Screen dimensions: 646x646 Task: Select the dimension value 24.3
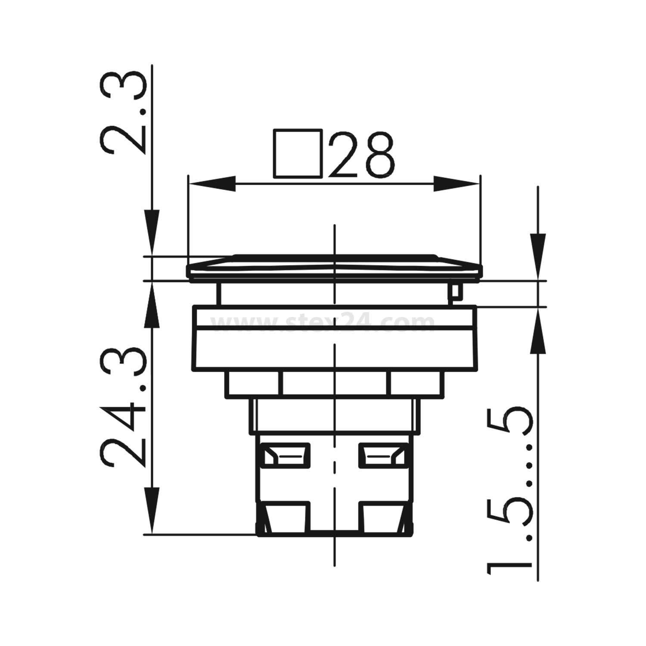pyautogui.click(x=123, y=409)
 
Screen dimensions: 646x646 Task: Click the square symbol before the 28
pyautogui.click(x=298, y=153)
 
